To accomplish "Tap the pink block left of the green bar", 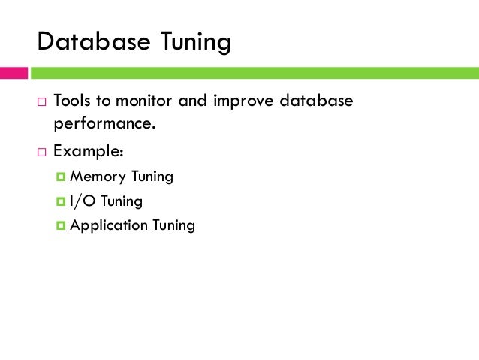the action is pos(14,74).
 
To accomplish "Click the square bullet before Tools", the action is pos(41,101).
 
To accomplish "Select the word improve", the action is pos(239,101).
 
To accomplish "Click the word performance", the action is pos(104,123).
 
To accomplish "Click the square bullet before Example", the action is pos(41,151).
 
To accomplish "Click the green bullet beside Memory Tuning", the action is pos(61,177).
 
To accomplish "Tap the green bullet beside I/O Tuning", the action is pos(61,201).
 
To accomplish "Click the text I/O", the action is pos(81,201).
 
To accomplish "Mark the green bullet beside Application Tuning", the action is pos(61,225).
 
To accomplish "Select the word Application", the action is pos(107,225).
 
